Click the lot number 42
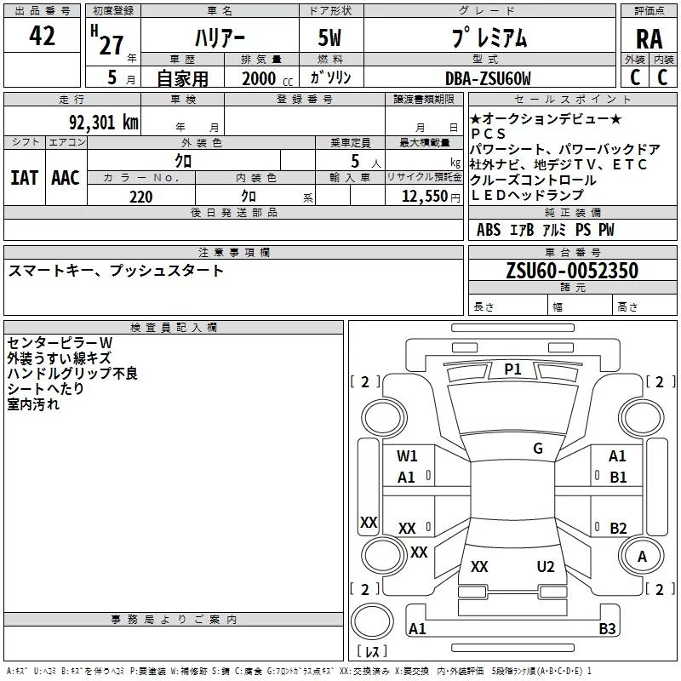click(x=42, y=37)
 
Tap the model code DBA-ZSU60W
click(x=488, y=78)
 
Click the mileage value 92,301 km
click(x=103, y=122)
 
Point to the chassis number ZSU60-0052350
click(x=571, y=271)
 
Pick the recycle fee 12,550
click(x=423, y=197)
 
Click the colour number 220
click(x=140, y=197)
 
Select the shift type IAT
click(x=24, y=177)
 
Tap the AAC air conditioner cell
click(x=66, y=177)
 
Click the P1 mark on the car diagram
click(x=512, y=369)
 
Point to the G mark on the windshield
click(x=537, y=448)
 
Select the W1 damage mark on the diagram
click(x=407, y=456)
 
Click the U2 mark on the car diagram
click(x=546, y=567)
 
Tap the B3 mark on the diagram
click(x=607, y=629)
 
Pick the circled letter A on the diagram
click(x=642, y=557)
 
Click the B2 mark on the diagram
click(x=618, y=528)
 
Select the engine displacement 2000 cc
click(x=264, y=78)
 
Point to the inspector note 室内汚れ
click(x=33, y=404)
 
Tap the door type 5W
click(x=331, y=38)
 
